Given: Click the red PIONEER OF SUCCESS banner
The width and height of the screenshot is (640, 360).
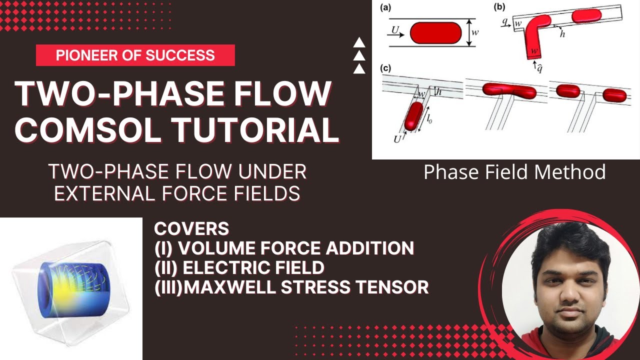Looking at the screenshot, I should [135, 55].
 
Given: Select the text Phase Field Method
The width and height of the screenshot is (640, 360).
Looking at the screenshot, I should [514, 172].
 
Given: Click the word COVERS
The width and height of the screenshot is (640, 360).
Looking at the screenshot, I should [191, 229].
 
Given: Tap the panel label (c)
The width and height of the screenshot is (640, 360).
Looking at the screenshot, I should [385, 68].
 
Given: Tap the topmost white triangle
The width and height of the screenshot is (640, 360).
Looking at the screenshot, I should [359, 43].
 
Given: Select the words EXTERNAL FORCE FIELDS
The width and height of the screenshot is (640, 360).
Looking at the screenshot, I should [177, 193].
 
